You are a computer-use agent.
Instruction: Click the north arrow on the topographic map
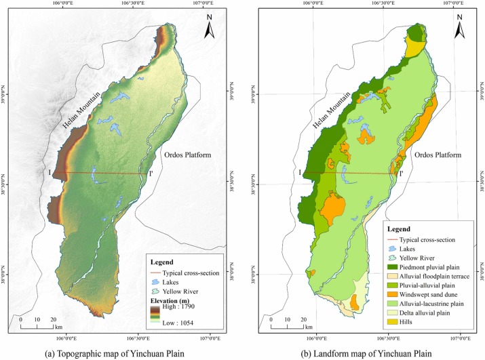pyautogui.click(x=211, y=30)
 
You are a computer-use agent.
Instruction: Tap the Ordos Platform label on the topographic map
pyautogui.click(x=187, y=155)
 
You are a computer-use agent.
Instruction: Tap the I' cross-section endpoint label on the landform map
pyautogui.click(x=402, y=173)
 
